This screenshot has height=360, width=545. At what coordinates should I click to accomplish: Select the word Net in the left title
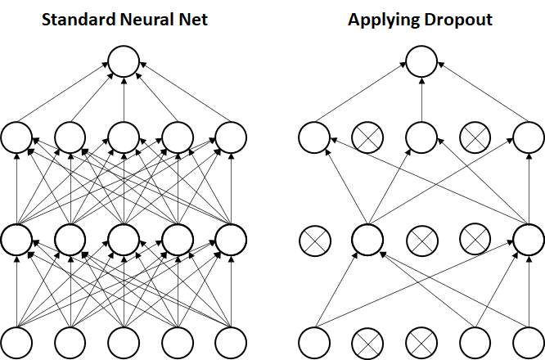click(193, 20)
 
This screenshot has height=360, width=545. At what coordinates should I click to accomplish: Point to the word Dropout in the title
click(458, 20)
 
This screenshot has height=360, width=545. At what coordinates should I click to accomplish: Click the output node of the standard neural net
click(124, 61)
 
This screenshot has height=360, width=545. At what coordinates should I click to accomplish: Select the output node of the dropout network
click(421, 61)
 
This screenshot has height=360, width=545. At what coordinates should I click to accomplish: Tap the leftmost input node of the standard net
click(16, 343)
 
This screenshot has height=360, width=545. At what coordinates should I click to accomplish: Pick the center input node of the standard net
click(124, 343)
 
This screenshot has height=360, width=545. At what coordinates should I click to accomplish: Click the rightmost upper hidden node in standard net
click(231, 137)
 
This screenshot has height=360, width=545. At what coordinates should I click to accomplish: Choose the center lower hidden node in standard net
click(124, 240)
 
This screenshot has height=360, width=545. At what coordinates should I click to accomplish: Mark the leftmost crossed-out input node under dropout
click(367, 343)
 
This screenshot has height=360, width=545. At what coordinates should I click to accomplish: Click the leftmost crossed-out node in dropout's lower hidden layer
click(315, 241)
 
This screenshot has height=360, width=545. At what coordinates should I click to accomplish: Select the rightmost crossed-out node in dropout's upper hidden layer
click(475, 137)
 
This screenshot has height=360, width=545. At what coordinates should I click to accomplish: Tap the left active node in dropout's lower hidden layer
click(367, 240)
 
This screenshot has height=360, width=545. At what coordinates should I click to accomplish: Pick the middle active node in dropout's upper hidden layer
click(421, 137)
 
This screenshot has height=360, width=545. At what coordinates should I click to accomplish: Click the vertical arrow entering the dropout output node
click(421, 99)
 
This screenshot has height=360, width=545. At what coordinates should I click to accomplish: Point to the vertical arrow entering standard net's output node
click(124, 99)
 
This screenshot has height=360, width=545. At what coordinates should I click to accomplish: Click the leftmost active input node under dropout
click(315, 343)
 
